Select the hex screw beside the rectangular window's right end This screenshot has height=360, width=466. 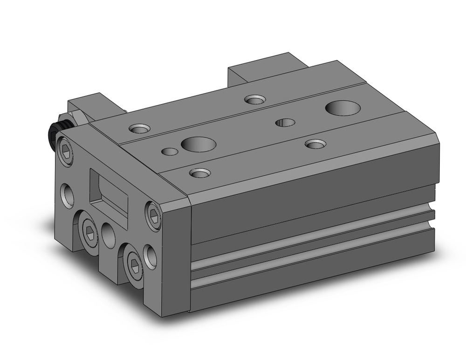coord(153,215)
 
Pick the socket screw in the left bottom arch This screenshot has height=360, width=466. coord(89,229)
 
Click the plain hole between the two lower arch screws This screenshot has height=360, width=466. coord(109,235)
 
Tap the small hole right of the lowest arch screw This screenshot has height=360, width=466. coord(151,256)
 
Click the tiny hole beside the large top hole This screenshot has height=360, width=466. coord(170,151)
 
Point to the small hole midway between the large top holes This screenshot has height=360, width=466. coord(285,123)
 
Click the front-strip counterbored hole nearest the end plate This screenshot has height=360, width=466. coord(200,173)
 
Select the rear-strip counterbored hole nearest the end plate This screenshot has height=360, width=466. coord(139,128)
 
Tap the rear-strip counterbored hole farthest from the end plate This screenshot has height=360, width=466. coord(254,99)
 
